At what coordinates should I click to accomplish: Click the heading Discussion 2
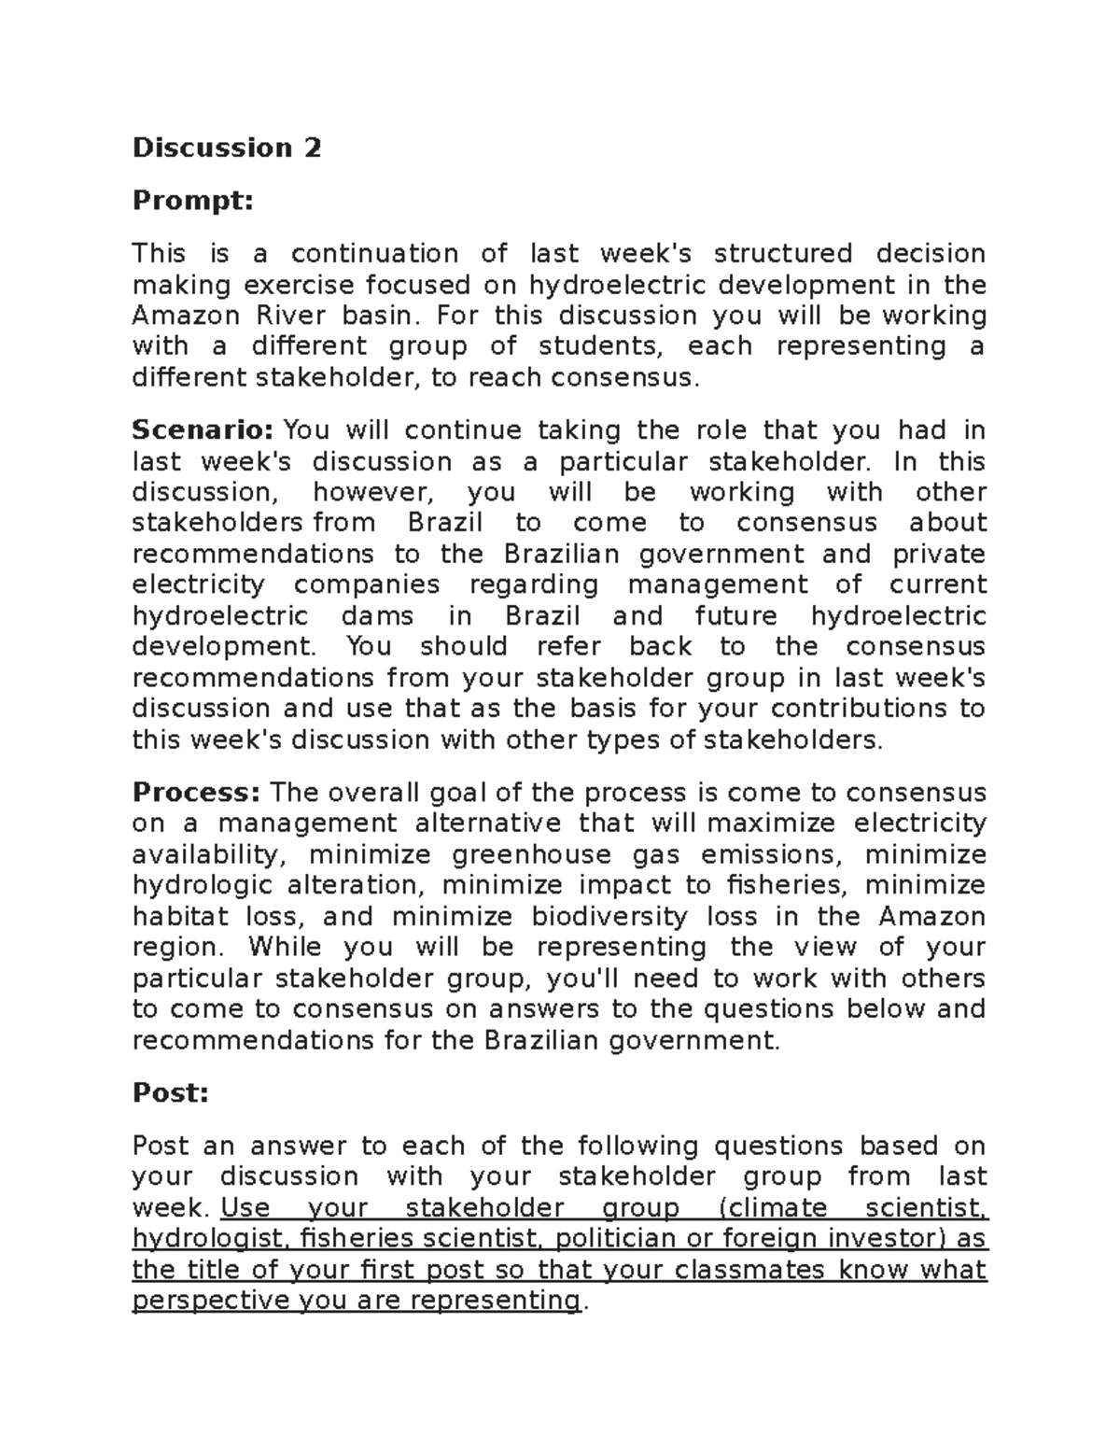point(227,148)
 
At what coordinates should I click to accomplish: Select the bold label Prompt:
point(192,201)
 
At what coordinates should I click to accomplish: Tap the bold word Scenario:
point(203,430)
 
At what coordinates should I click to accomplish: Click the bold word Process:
point(196,793)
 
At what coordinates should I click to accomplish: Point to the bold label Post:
point(171,1093)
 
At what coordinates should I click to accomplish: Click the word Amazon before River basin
point(187,316)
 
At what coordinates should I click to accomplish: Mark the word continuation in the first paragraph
point(374,254)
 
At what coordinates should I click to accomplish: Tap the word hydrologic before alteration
point(203,886)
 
